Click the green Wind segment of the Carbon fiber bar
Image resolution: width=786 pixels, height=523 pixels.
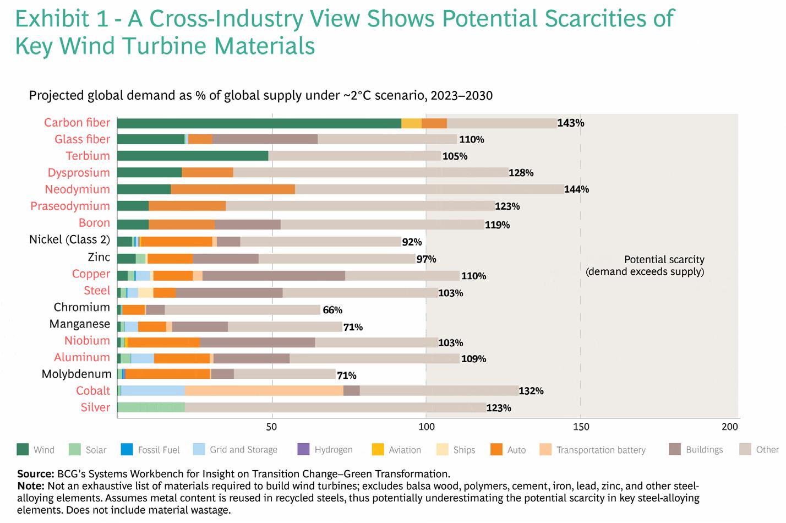pos(259,123)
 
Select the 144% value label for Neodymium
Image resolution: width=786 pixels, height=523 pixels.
pos(576,189)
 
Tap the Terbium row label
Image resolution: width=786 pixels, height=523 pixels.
pos(88,156)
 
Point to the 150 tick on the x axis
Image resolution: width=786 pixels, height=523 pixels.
pos(581,427)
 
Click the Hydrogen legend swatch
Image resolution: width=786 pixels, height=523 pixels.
pos(303,449)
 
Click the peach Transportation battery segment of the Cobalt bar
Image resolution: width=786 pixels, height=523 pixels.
pos(264,391)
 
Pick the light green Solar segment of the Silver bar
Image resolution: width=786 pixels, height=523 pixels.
pos(151,407)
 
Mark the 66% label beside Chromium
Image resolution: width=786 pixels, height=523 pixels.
pos(332,310)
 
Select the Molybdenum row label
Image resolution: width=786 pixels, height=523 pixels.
pos(77,374)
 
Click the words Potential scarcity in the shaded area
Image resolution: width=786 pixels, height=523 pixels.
pos(664,259)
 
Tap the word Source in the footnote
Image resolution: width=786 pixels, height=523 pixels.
pos(35,474)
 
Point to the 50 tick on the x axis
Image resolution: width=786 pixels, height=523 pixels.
pos(271,427)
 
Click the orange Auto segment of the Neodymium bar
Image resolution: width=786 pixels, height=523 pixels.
pos(233,189)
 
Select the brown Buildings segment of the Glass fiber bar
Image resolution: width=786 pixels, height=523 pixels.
pos(265,139)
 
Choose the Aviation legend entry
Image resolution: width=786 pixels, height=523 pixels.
pos(405,450)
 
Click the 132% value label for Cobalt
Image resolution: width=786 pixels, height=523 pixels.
pos(531,391)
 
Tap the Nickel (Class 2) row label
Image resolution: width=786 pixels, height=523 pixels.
pos(69,240)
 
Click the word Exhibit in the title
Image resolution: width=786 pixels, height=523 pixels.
pos(52,19)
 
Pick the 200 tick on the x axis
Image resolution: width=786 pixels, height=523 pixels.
pos(729,427)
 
